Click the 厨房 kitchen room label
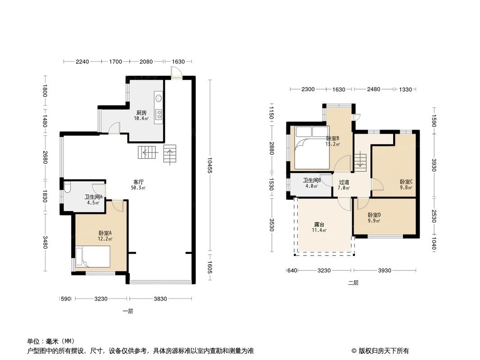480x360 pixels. [x=141, y=113]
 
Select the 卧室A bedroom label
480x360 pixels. [x=105, y=233]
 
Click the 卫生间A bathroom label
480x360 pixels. [x=94, y=197]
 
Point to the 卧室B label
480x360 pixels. [x=332, y=139]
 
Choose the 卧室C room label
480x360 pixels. [x=406, y=182]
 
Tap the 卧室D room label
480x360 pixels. [x=374, y=215]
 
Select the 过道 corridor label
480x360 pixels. [x=344, y=183]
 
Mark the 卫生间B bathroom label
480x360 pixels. [x=311, y=180]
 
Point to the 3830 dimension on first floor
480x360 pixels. [x=159, y=299]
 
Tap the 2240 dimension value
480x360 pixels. [x=82, y=61]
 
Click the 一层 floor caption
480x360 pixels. [x=127, y=311]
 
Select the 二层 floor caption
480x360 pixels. [x=353, y=283]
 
